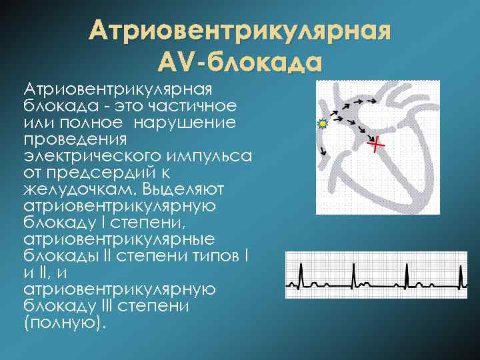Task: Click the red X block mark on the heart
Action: (377, 143)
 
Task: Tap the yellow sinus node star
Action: (323, 124)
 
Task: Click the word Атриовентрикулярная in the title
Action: (239, 31)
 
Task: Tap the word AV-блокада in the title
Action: (239, 61)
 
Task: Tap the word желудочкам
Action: (73, 190)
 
